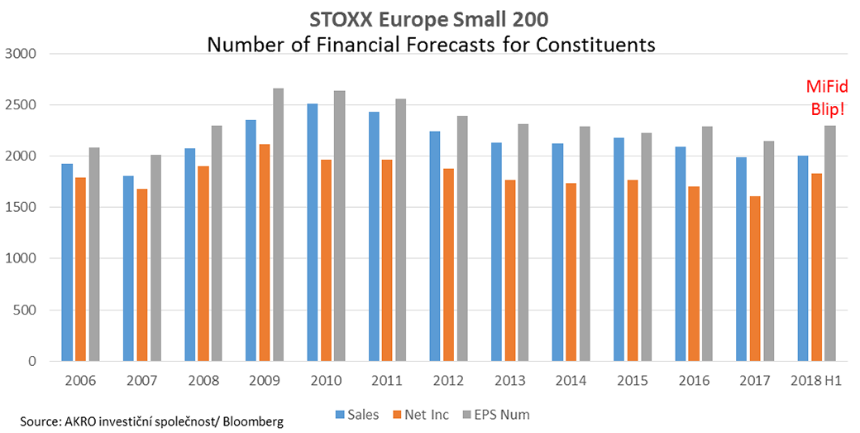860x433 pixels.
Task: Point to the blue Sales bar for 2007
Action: coord(127,268)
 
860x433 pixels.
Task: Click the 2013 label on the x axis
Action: coord(510,382)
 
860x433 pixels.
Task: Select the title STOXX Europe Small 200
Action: coord(430,17)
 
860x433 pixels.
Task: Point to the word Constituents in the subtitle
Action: coord(584,43)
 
